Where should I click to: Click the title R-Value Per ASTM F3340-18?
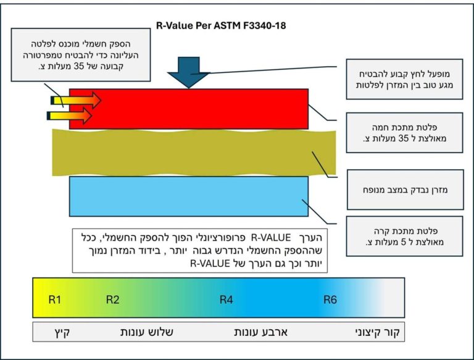222,27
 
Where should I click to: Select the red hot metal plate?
197,109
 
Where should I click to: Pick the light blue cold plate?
188,196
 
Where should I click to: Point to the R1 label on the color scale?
55,300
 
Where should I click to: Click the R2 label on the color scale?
112,300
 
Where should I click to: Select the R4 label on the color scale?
227,300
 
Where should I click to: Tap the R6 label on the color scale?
330,300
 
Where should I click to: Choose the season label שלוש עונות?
146,332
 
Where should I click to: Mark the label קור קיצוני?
374,332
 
